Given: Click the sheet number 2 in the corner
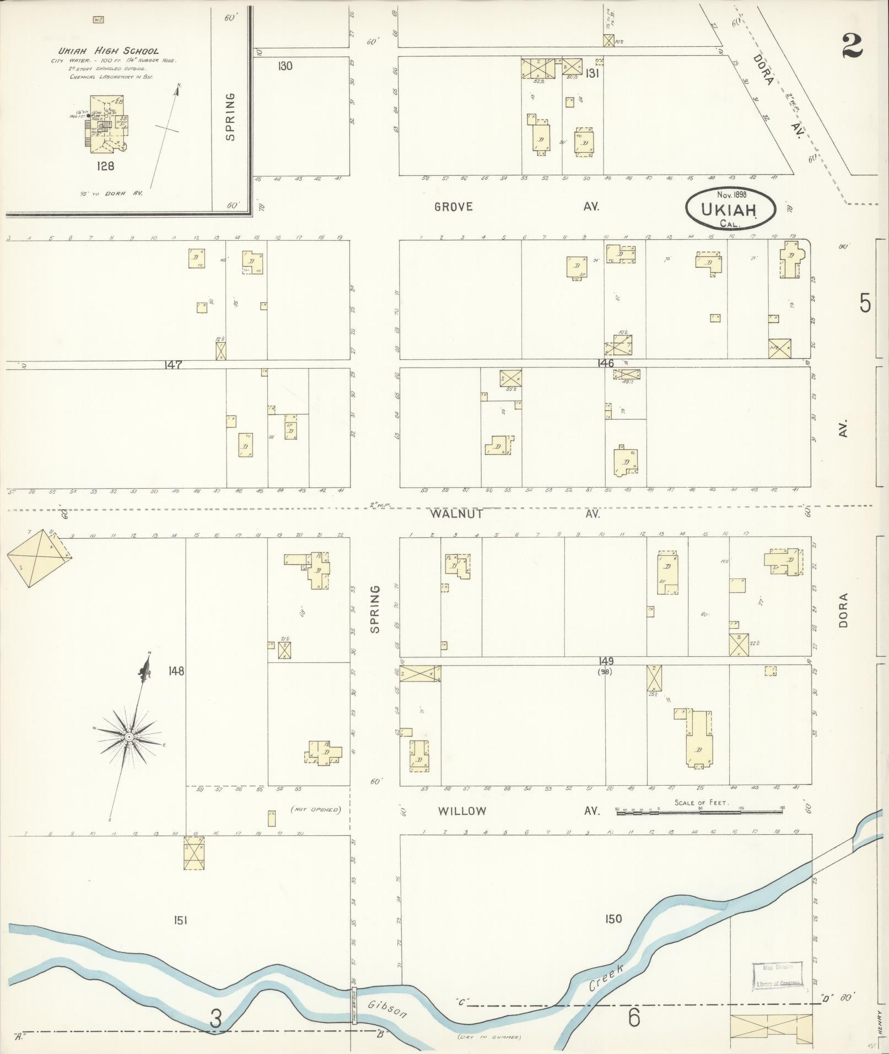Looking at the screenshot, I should point(852,46).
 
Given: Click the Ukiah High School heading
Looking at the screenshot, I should point(109,51).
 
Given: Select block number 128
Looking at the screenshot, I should point(104,165).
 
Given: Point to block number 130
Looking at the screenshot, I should point(285,67).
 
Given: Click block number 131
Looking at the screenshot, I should point(592,73).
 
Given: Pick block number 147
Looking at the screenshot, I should point(174,364).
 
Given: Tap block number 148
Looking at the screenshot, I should point(177,671).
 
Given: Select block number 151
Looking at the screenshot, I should point(180,920).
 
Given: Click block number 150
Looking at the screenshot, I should point(613,918).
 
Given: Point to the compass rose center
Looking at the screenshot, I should point(128,737).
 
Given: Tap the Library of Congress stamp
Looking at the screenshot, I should point(777,975).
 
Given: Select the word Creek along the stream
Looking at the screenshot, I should point(606,979).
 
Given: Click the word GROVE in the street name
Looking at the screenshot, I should point(454,207).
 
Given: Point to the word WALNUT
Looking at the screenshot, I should point(457,514).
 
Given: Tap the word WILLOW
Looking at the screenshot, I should point(462,811).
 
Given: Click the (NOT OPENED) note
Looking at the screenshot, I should point(315,810).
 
